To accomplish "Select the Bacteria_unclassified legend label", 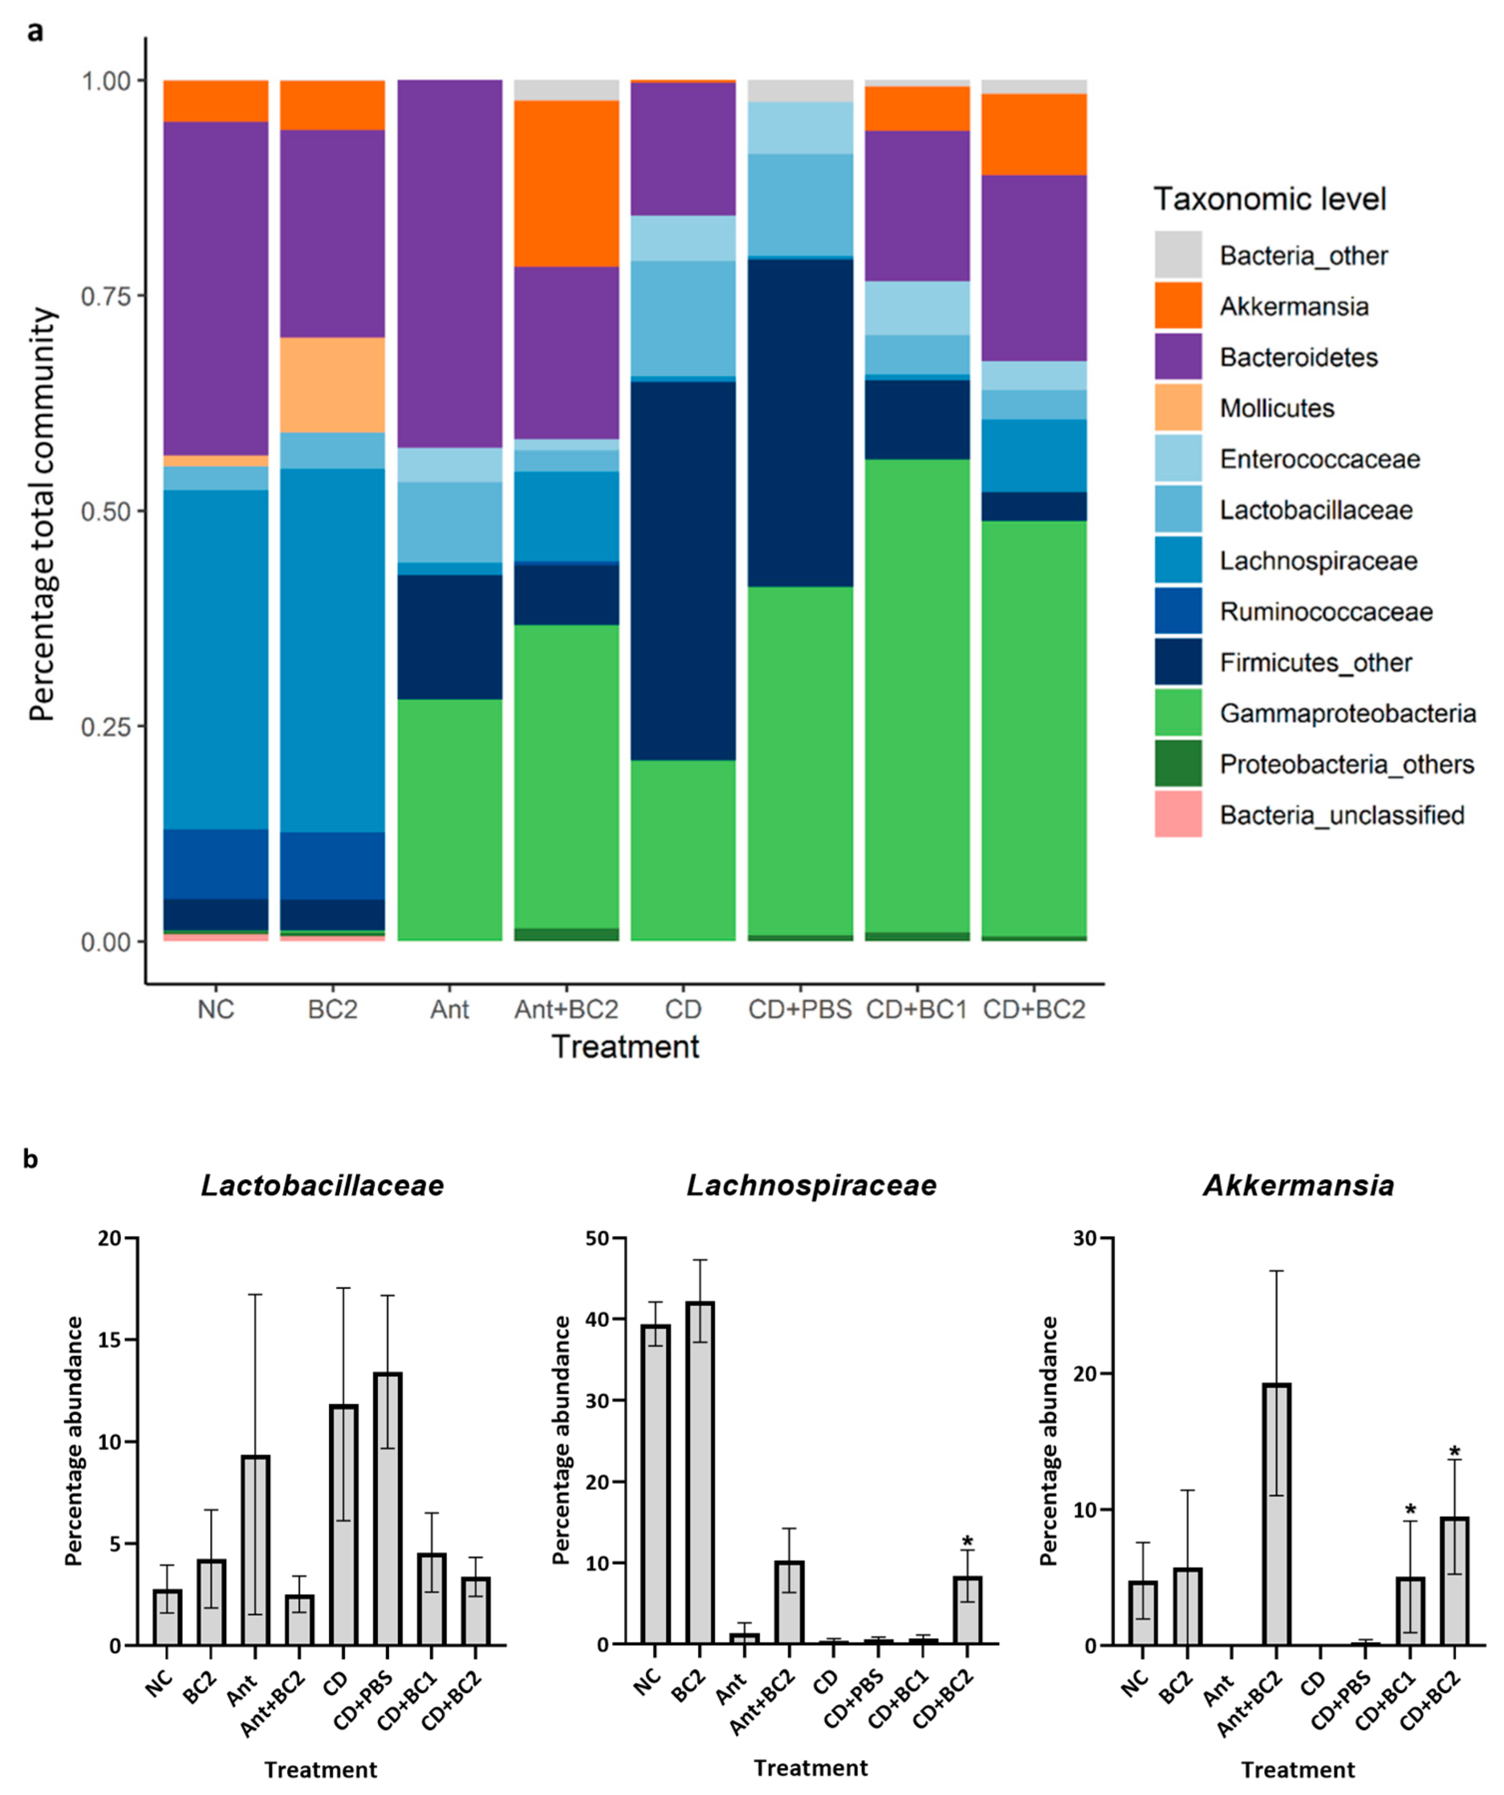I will coord(1341,814).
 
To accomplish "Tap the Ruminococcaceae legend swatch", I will coord(1178,611).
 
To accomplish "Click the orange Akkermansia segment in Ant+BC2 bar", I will coord(566,184).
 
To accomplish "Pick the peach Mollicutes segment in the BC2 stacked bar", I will coord(333,385).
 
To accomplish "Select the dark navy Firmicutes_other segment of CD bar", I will coord(683,570).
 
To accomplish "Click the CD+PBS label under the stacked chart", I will coord(799,1010).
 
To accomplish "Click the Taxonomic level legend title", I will coord(1270,199).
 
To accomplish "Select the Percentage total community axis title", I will coord(43,515).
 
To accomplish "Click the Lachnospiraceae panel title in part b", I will coord(811,1185).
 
